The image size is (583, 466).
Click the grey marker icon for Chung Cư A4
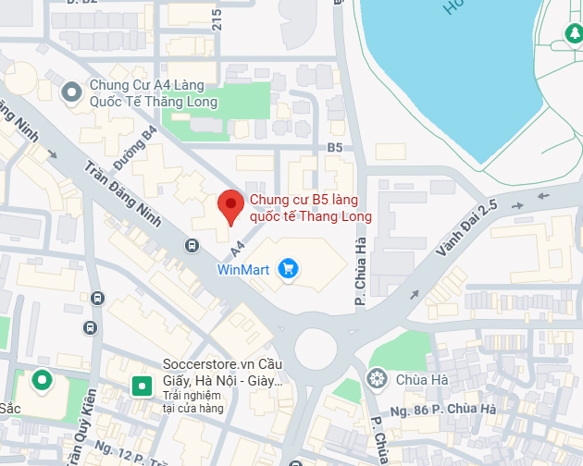pyautogui.click(x=71, y=92)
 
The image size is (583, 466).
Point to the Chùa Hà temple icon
pyautogui.click(x=377, y=378)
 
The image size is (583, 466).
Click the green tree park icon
pyautogui.click(x=573, y=35)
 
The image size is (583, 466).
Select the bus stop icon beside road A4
pyautogui.click(x=192, y=245)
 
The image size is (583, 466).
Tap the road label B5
pyautogui.click(x=334, y=147)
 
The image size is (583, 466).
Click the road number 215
pyautogui.click(x=217, y=19)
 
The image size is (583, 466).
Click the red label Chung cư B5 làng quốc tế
pyautogui.click(x=311, y=208)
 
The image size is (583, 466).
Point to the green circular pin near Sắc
pyautogui.click(x=42, y=380)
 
